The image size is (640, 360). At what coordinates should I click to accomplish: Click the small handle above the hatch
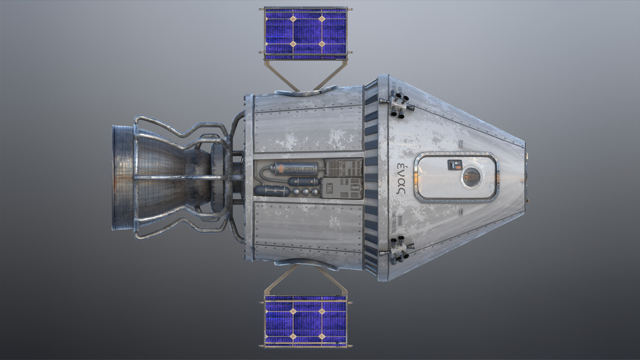461,144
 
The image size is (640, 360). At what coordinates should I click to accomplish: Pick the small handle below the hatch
461,213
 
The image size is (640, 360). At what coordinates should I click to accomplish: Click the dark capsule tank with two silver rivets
303,182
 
